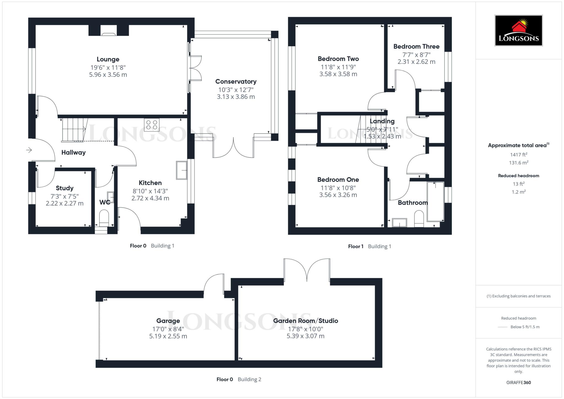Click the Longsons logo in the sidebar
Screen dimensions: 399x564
(x=518, y=30)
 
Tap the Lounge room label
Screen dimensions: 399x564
(x=108, y=59)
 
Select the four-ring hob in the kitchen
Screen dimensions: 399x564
(x=151, y=124)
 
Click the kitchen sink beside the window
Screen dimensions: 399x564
(x=181, y=170)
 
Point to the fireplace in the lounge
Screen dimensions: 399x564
(x=109, y=31)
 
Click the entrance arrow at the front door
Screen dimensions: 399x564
(x=29, y=150)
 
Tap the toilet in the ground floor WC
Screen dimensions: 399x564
(x=104, y=217)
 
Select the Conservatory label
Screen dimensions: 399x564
(x=236, y=82)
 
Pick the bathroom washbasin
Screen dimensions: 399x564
(x=399, y=222)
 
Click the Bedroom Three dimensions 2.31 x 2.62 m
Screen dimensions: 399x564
(x=416, y=62)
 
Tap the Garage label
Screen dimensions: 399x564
(x=168, y=321)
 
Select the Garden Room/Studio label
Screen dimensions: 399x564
(x=305, y=321)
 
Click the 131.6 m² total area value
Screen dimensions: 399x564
(x=518, y=163)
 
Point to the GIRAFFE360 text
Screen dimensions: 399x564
(x=518, y=382)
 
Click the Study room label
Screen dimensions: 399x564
(x=64, y=188)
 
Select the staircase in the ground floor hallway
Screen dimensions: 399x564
(x=73, y=130)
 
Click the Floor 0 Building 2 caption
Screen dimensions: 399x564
(x=238, y=379)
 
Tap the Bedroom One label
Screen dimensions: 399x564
(x=338, y=180)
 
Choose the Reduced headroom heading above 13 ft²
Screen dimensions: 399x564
(x=518, y=176)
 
